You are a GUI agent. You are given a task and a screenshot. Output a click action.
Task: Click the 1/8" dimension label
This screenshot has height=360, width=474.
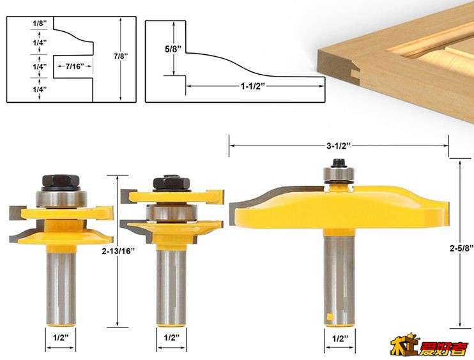click(x=40, y=23)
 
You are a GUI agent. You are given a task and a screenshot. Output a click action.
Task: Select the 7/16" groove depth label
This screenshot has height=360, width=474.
click(x=74, y=66)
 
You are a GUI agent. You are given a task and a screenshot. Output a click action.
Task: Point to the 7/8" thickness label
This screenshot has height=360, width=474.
click(x=121, y=56)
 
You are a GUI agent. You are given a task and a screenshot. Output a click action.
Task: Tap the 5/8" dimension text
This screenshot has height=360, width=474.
click(x=173, y=49)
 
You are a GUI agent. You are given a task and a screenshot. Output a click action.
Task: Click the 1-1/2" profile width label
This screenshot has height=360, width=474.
click(x=253, y=86)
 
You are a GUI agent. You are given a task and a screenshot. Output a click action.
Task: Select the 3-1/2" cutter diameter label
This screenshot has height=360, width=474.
click(x=339, y=146)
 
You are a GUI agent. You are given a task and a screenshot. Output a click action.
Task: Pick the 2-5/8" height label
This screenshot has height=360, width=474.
click(x=461, y=248)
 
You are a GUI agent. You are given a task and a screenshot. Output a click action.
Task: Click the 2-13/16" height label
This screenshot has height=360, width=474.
click(x=118, y=251)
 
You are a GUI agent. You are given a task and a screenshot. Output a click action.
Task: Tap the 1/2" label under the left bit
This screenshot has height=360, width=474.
click(x=61, y=338)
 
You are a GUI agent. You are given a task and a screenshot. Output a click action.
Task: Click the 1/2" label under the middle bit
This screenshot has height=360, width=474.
click(x=171, y=338)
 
